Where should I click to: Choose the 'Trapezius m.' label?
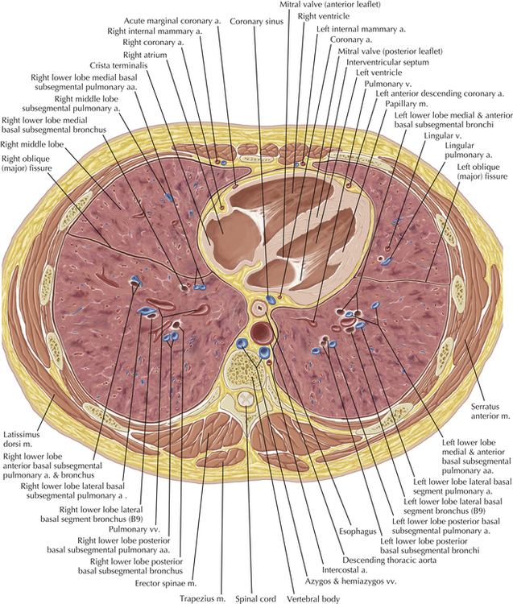tap(201, 598)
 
